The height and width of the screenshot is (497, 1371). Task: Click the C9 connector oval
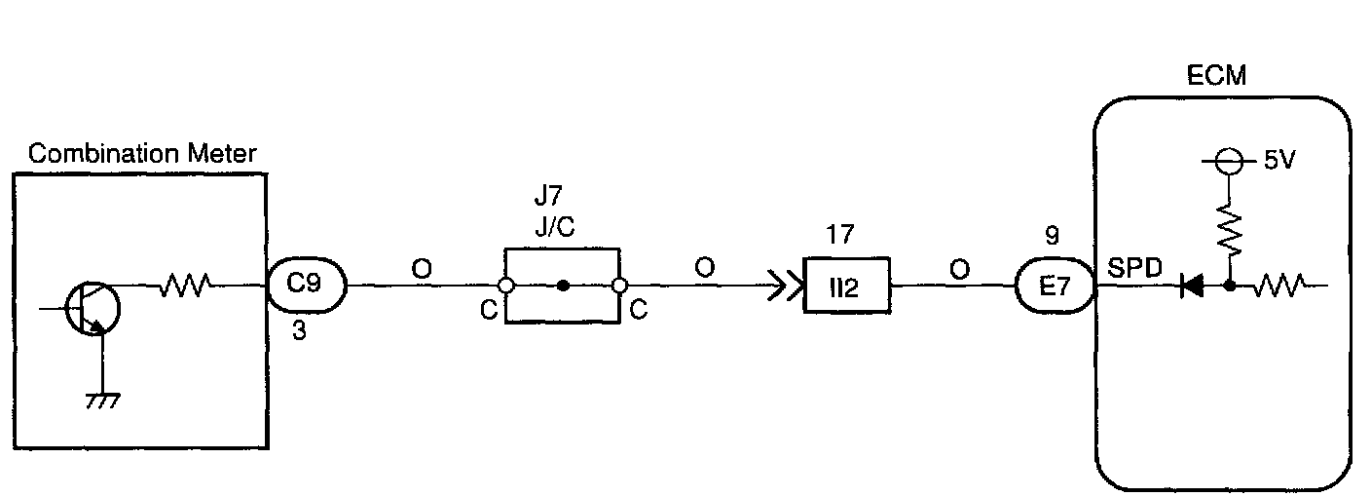coord(307,287)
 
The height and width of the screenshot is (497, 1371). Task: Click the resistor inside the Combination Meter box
coord(184,286)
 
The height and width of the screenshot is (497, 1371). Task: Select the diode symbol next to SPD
coord(1190,287)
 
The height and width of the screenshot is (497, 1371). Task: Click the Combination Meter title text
coord(142,154)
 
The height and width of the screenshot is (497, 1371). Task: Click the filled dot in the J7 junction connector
coord(563,287)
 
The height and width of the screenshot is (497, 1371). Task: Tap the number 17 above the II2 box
coord(838,235)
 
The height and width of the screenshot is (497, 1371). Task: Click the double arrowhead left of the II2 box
coord(781,287)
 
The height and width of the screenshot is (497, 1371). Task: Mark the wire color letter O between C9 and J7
coord(422,268)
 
